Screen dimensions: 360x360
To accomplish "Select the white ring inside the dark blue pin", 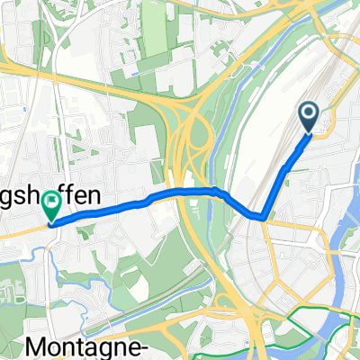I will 309,113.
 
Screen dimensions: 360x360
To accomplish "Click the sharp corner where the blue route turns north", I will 264,216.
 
